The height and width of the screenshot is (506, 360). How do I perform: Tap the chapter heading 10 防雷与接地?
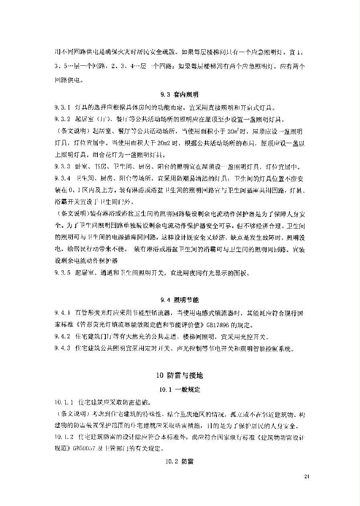tap(180, 376)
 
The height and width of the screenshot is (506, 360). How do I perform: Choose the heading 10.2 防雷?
tap(179, 461)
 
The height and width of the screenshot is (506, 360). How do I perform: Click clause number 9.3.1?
tap(63, 108)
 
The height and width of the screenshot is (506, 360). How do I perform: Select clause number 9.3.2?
tap(63, 119)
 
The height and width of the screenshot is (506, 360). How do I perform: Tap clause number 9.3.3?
tap(63, 167)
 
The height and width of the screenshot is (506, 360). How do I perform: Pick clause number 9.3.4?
tap(63, 178)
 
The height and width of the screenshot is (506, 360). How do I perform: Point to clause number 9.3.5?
tap(63, 273)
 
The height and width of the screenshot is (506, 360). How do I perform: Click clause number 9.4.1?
tap(63, 312)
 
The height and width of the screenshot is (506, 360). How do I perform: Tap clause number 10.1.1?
tap(65, 402)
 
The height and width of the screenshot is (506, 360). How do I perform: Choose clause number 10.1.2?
tap(65, 437)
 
